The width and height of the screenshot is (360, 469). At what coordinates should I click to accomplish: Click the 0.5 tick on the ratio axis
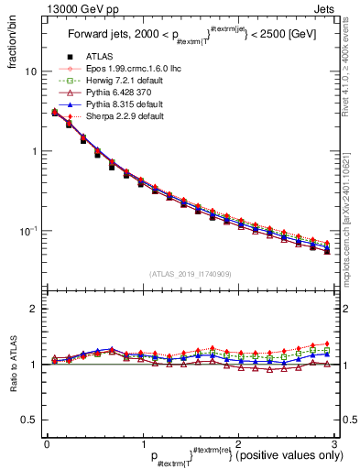coord(29,420)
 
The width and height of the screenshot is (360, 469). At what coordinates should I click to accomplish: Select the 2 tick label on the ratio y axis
coord(34,310)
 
